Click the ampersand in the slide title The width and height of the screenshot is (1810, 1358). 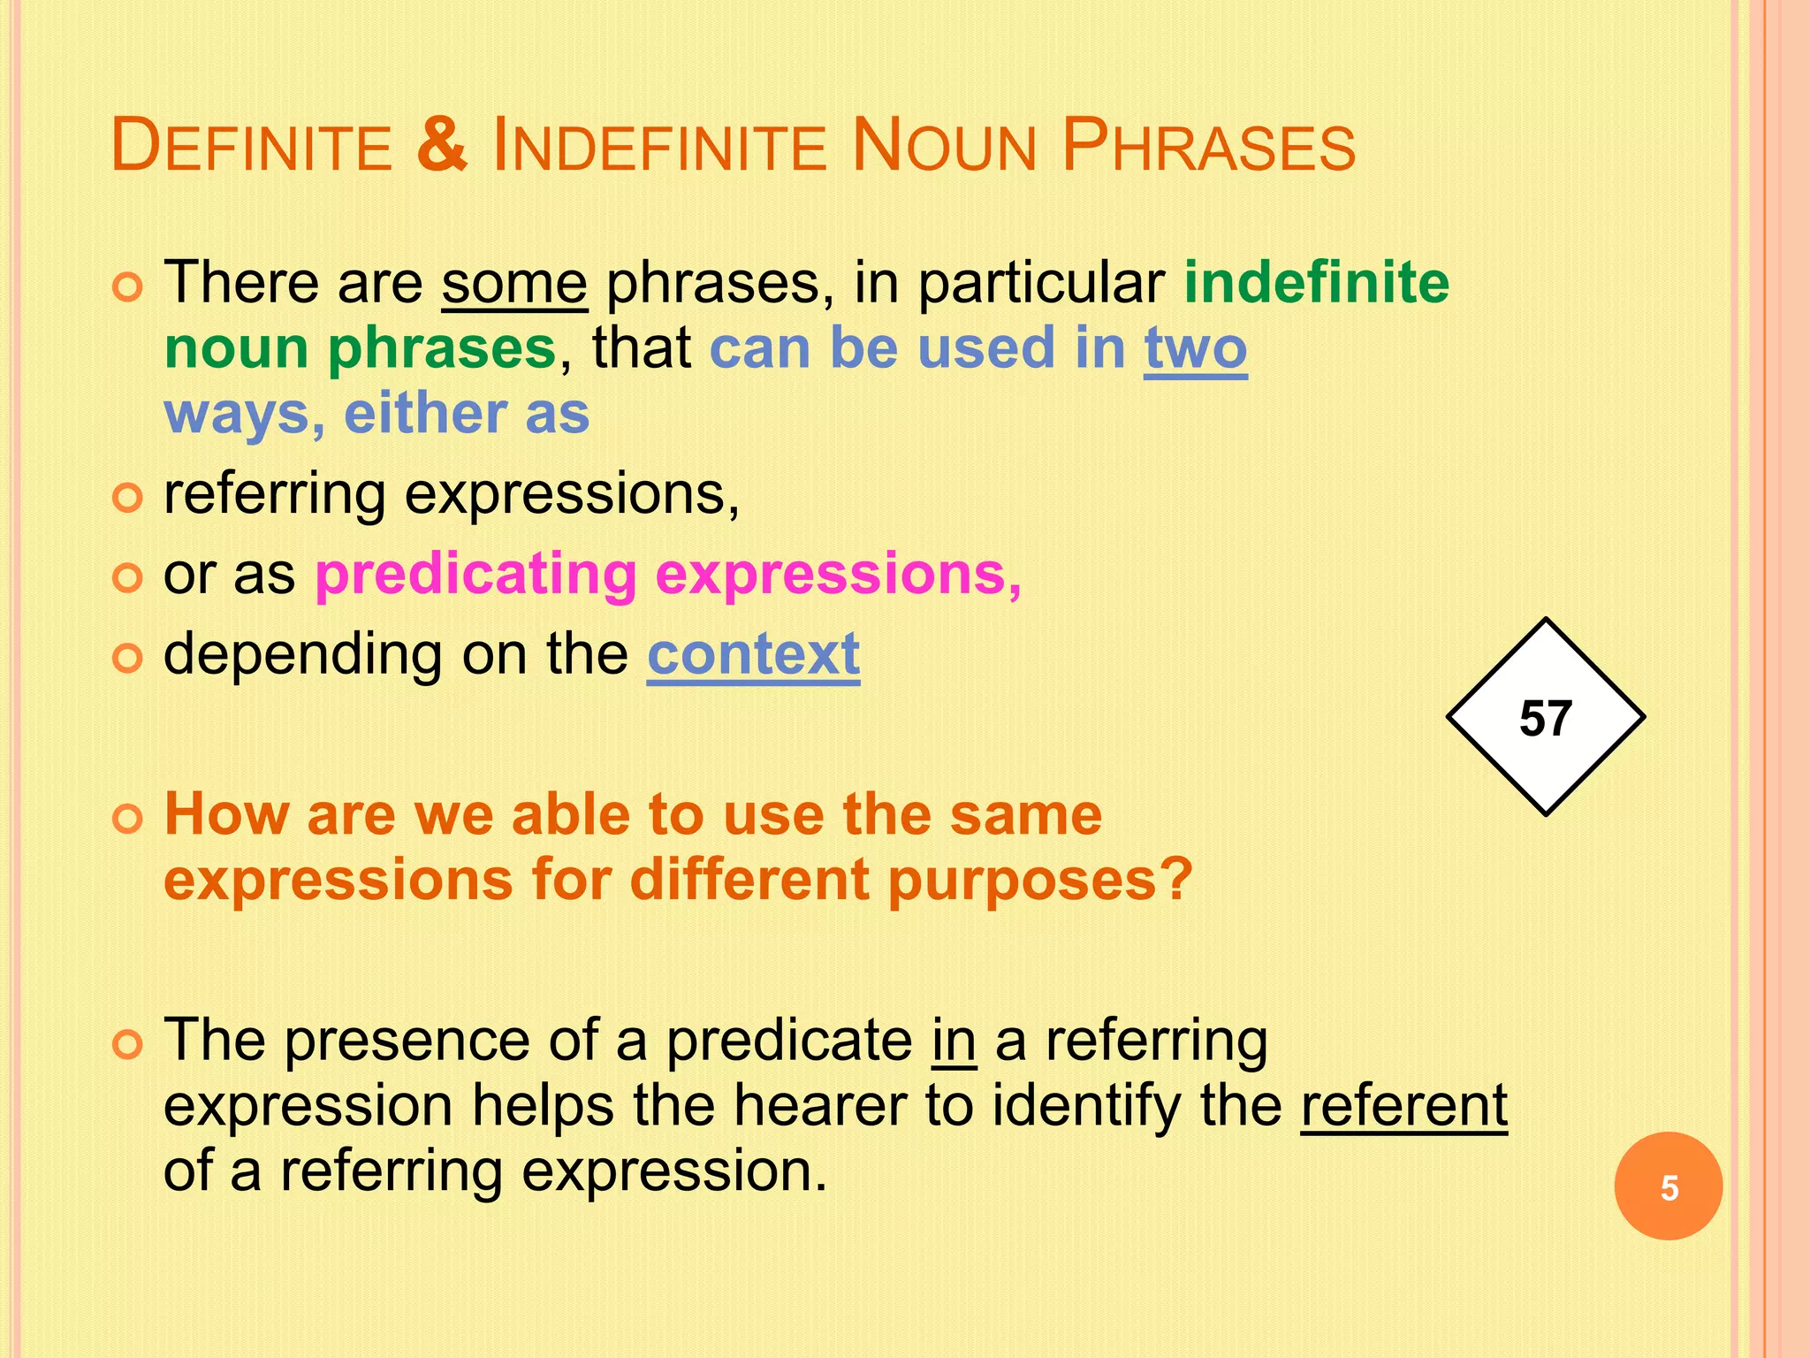441,145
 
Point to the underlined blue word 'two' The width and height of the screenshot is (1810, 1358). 1195,348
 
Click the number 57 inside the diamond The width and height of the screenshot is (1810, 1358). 1545,718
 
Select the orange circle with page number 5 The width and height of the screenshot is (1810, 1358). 1668,1186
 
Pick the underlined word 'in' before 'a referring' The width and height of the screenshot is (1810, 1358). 954,1041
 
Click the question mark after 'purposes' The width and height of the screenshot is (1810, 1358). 1176,881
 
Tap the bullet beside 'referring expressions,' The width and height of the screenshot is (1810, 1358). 128,499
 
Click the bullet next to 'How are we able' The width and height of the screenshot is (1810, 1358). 128,819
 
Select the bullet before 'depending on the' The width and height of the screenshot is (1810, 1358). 128,659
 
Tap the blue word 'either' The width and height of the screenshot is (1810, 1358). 424,414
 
